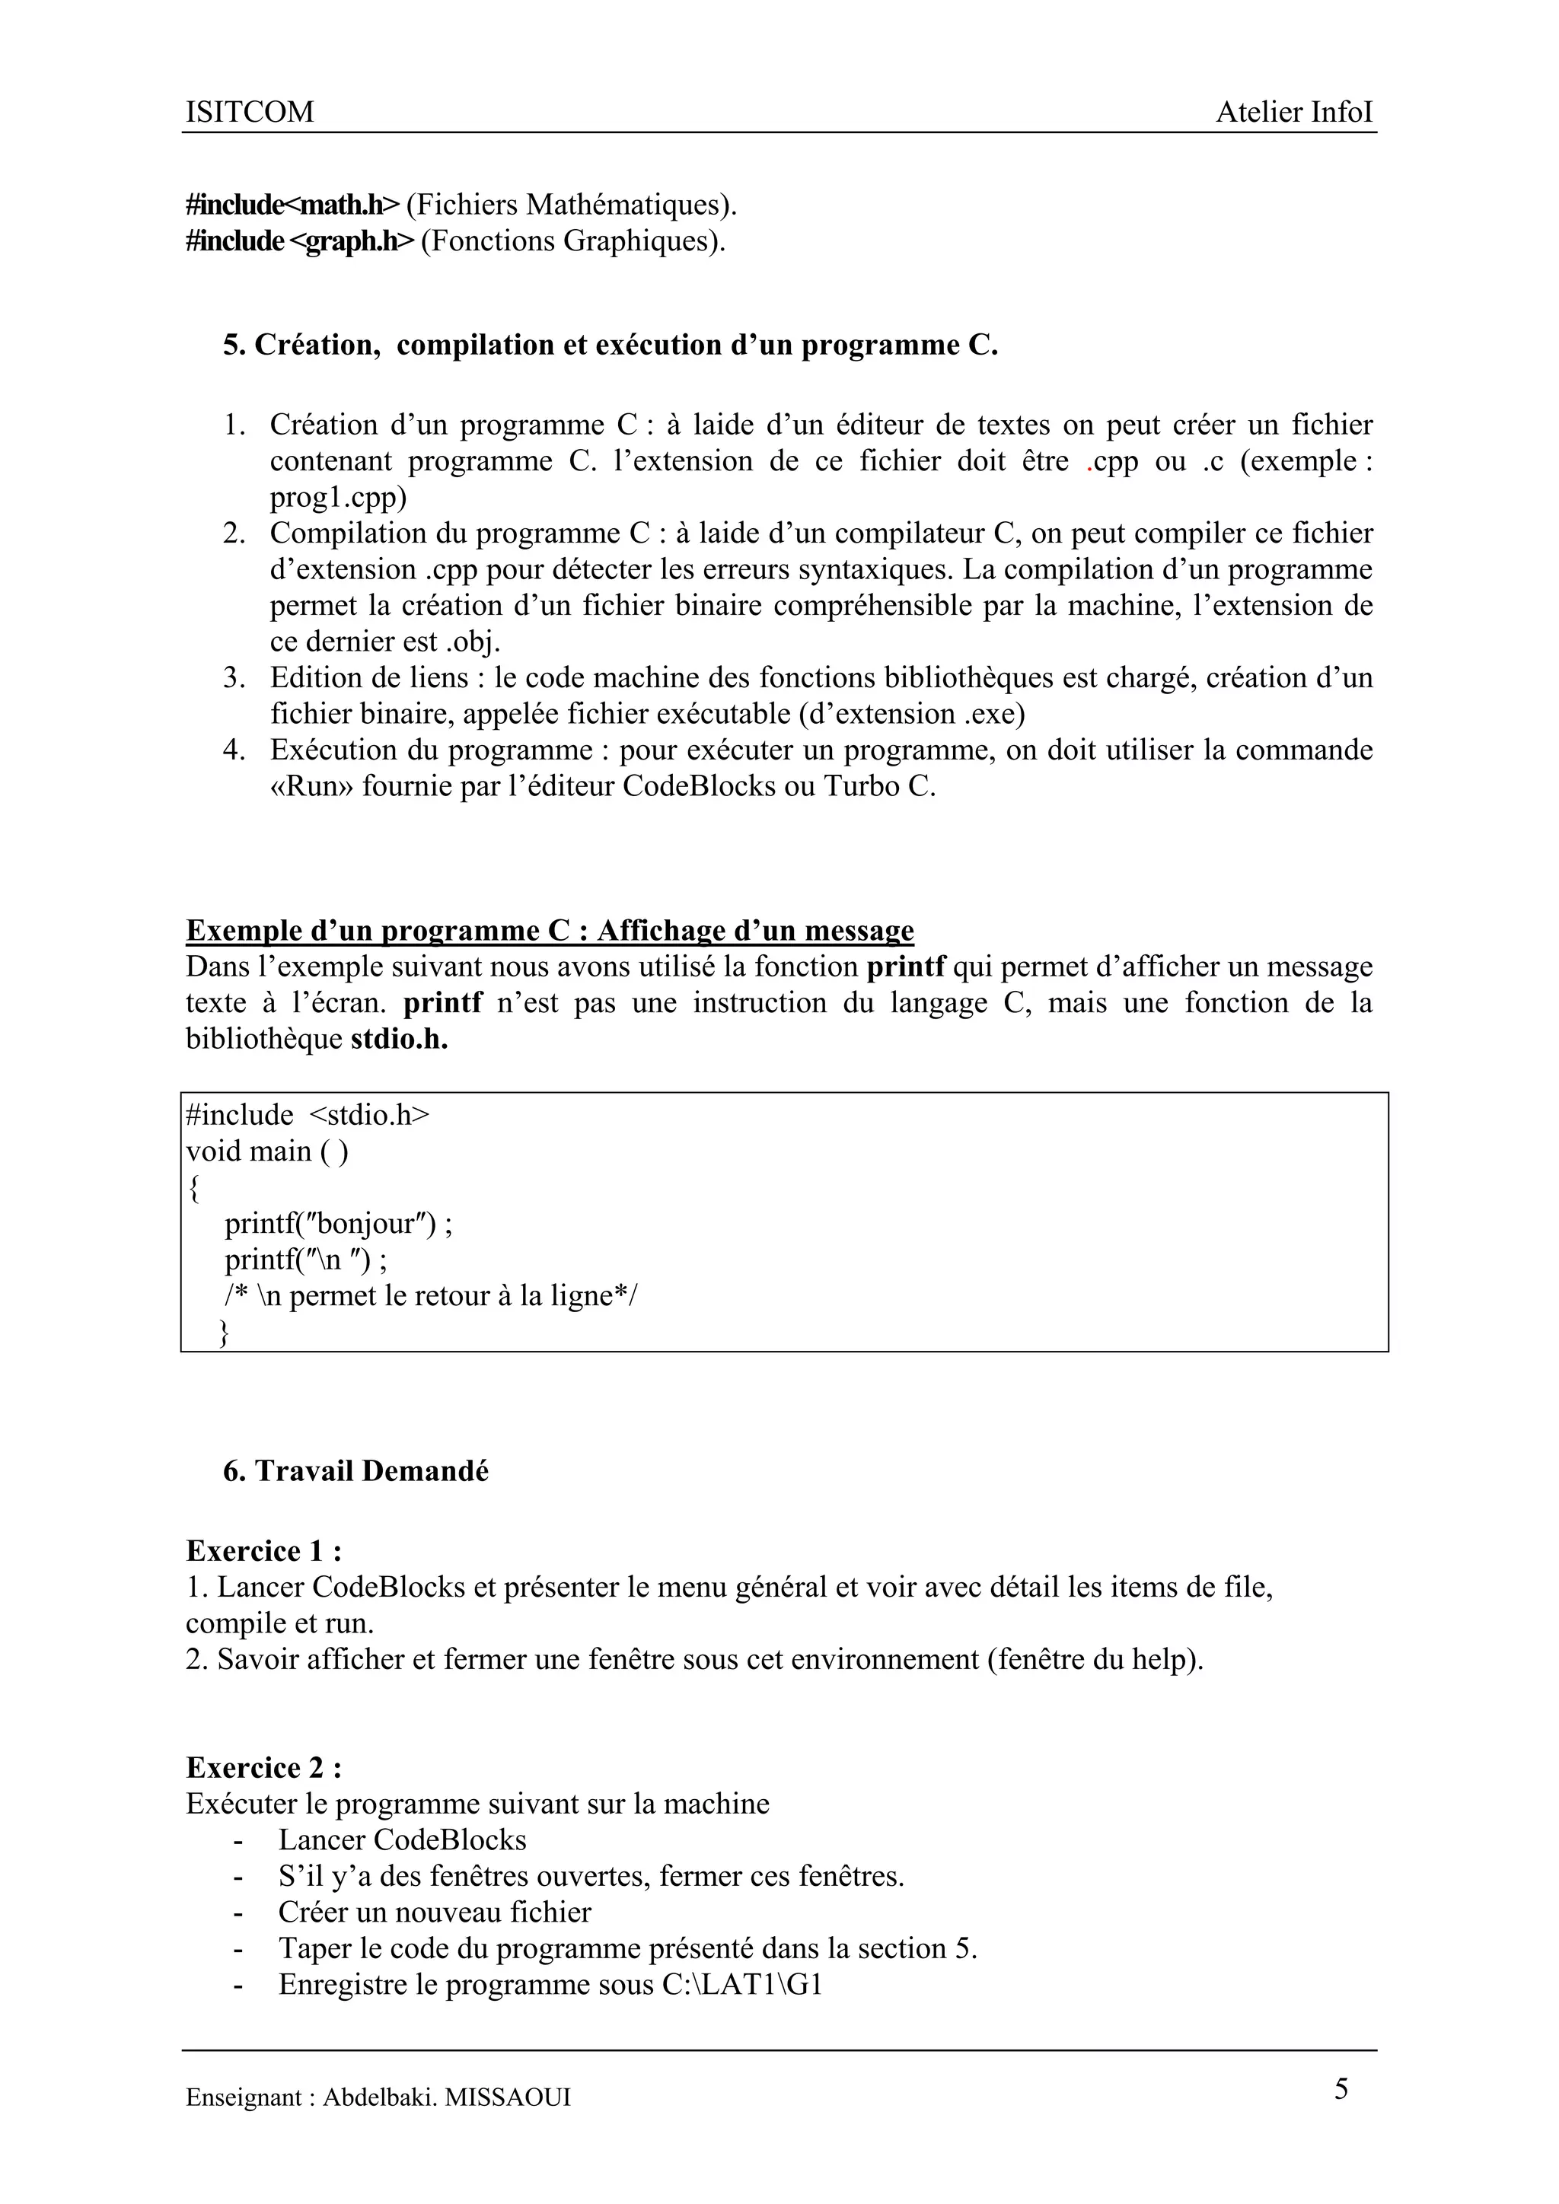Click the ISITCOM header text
(x=250, y=113)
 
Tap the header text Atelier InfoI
(x=1294, y=113)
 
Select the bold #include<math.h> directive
(x=292, y=205)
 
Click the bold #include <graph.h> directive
(x=301, y=241)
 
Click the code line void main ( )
(x=267, y=1151)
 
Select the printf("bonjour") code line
(x=338, y=1224)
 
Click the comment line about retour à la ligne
(x=430, y=1296)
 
